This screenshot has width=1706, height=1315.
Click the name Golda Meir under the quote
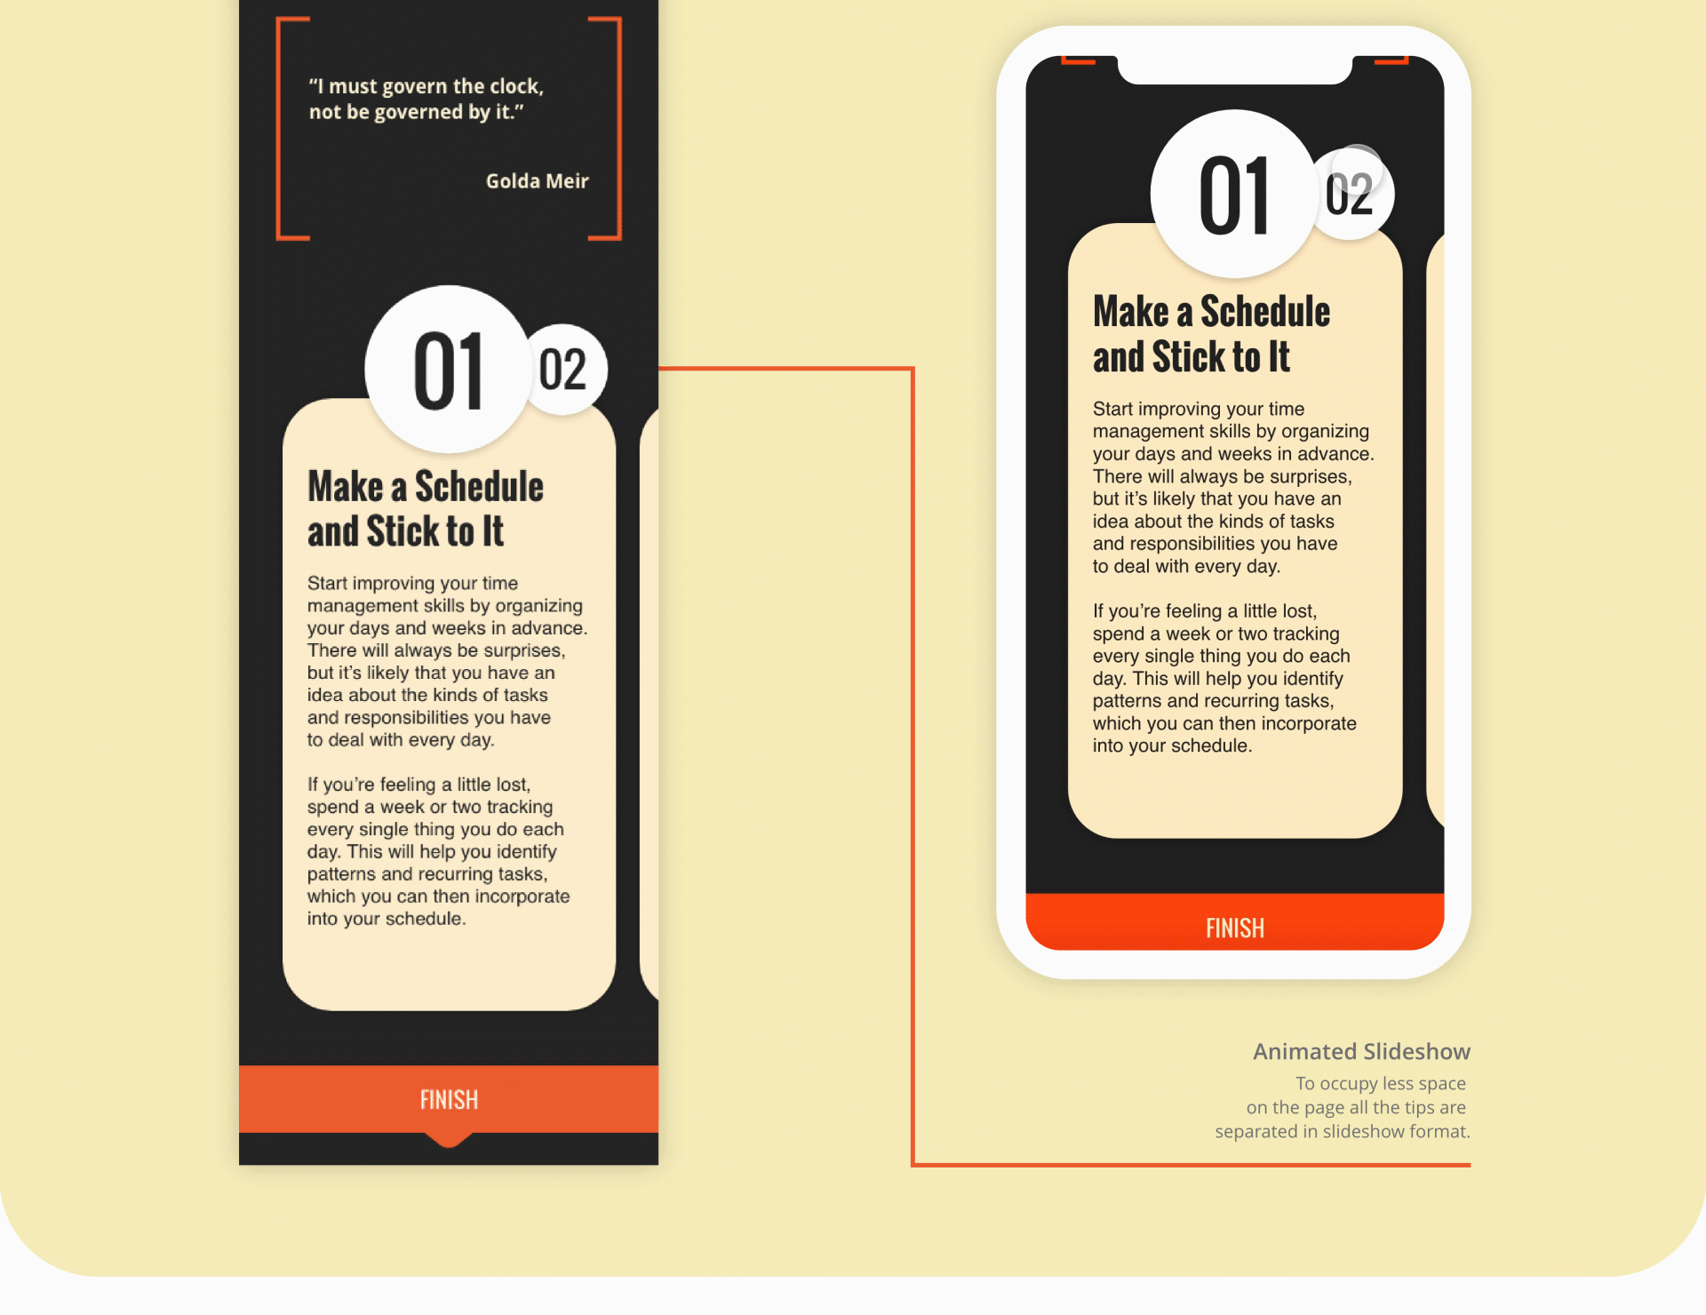click(x=537, y=181)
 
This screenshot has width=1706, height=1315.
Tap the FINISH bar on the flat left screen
click(x=449, y=1099)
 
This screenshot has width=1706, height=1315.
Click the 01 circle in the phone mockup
click(x=1233, y=194)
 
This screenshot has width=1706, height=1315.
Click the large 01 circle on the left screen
click(x=448, y=370)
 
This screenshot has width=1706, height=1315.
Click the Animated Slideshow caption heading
click(x=1361, y=1052)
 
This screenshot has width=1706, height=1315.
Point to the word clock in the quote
click(x=515, y=86)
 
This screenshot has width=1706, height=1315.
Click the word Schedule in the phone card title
click(x=1265, y=311)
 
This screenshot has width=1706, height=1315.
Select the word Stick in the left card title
click(x=403, y=531)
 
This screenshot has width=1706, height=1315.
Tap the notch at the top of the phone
click(x=1234, y=69)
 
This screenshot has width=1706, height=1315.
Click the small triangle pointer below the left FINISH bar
click(x=449, y=1140)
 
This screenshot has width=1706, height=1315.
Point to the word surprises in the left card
click(x=523, y=650)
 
